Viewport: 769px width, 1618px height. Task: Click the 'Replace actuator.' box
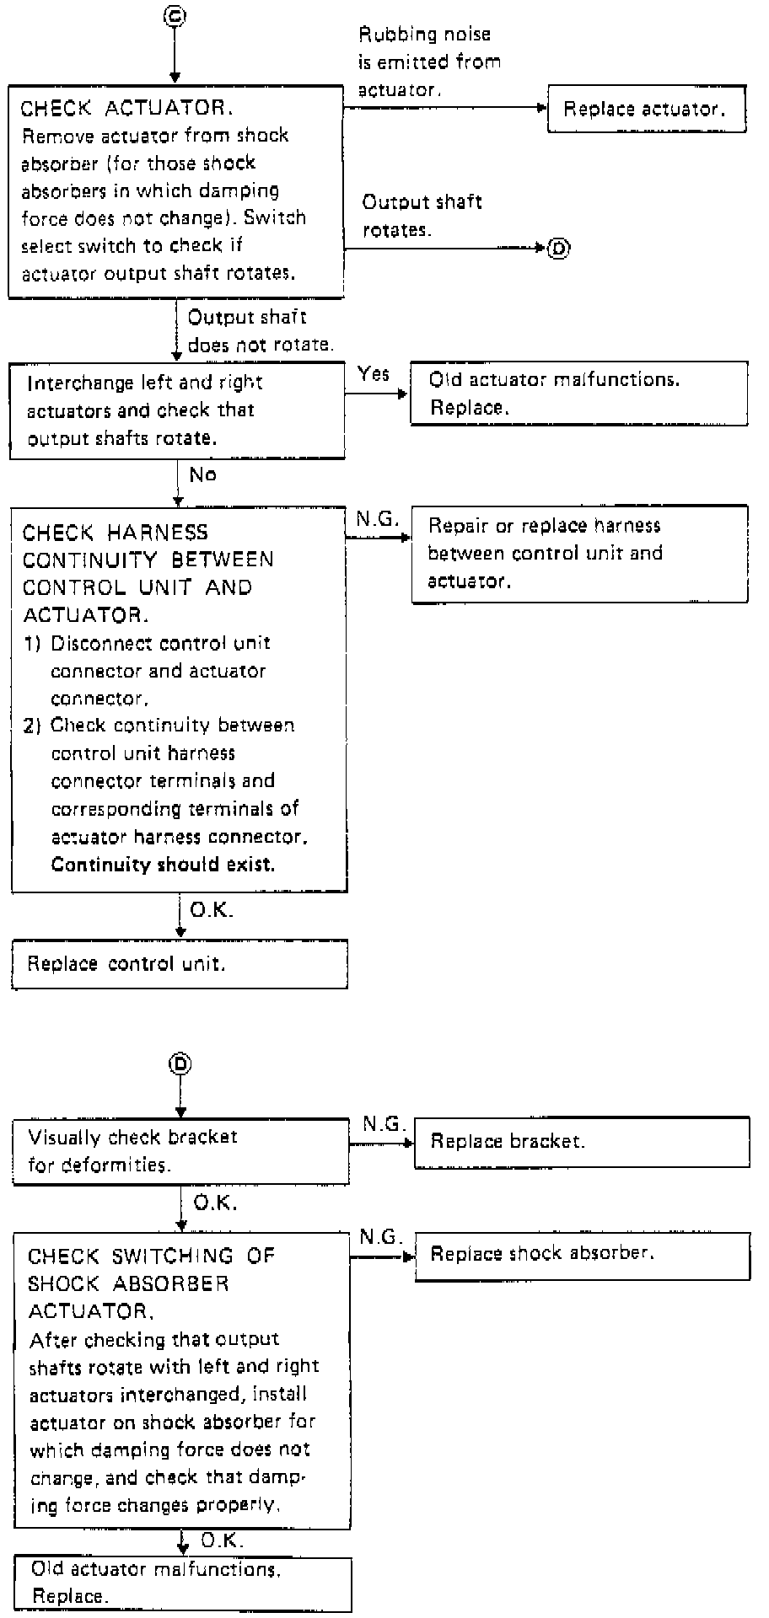pos(647,109)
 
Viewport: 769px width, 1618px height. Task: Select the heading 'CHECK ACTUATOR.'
pos(126,109)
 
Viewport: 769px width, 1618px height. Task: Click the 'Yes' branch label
pos(374,373)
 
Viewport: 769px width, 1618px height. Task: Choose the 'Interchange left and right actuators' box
pos(177,410)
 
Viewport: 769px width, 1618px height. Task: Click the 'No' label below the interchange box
pos(202,475)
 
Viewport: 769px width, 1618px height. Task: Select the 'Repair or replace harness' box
pos(579,554)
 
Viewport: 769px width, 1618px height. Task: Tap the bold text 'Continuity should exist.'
pos(163,865)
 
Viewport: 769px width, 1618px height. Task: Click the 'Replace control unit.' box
pos(180,964)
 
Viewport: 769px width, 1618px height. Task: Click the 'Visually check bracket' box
pos(180,1151)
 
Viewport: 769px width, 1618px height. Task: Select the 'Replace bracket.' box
pos(582,1142)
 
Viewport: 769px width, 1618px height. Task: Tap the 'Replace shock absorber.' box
pos(582,1255)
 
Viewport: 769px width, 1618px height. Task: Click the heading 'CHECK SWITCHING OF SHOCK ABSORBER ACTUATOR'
pos(152,1283)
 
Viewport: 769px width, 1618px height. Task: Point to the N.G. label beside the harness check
pos(377,519)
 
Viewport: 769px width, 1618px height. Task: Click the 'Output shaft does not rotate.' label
pos(260,331)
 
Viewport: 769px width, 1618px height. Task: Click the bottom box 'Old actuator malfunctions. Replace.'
pos(183,1583)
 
